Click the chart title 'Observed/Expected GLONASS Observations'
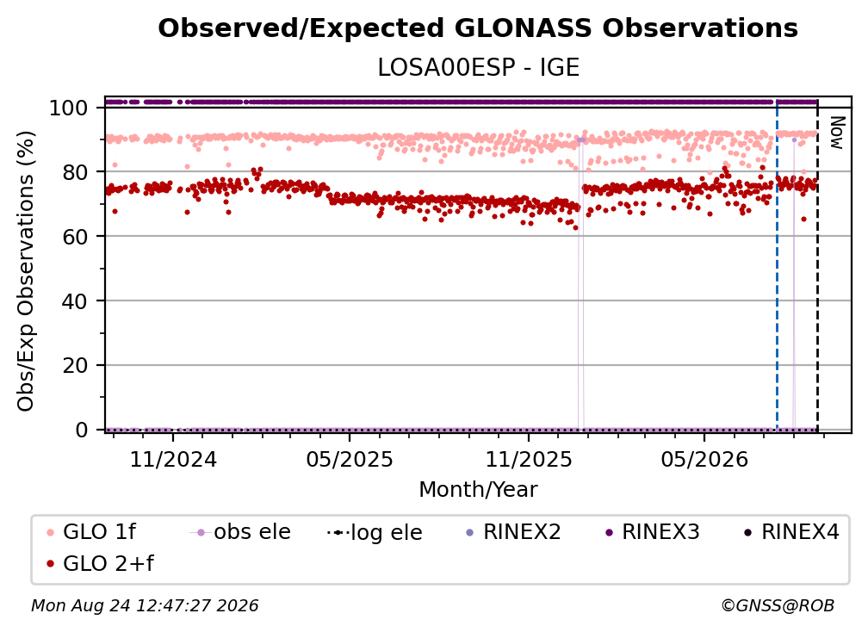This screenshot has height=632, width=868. tap(478, 28)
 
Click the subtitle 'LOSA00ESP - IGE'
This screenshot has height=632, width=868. tap(478, 68)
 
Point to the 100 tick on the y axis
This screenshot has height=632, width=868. tap(69, 108)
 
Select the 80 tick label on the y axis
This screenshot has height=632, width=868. tap(75, 172)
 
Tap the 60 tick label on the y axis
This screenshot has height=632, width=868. tap(75, 237)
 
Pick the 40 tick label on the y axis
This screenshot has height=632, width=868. tap(75, 301)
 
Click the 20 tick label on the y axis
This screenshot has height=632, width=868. tap(75, 366)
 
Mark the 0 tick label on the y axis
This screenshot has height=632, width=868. tap(82, 430)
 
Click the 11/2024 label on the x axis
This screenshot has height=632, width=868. tap(173, 460)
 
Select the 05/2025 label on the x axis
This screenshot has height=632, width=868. tap(350, 460)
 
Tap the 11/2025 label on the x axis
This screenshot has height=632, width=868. tap(529, 460)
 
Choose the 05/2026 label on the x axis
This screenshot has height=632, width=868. tap(704, 460)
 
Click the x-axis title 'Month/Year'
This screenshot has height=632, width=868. tap(478, 490)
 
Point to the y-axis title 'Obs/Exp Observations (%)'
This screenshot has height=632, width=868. tap(26, 270)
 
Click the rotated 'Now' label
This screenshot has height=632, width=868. tap(836, 133)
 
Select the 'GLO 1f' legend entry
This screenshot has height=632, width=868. tap(91, 532)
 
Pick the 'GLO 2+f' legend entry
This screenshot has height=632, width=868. tap(100, 564)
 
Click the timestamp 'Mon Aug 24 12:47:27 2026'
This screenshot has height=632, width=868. tap(145, 606)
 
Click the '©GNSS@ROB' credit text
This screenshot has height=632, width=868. tap(778, 606)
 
